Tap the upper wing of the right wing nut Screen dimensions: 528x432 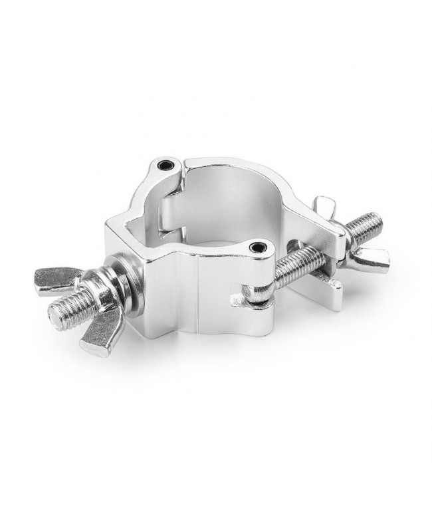(326, 206)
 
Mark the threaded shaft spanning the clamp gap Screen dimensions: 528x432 (292, 267)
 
